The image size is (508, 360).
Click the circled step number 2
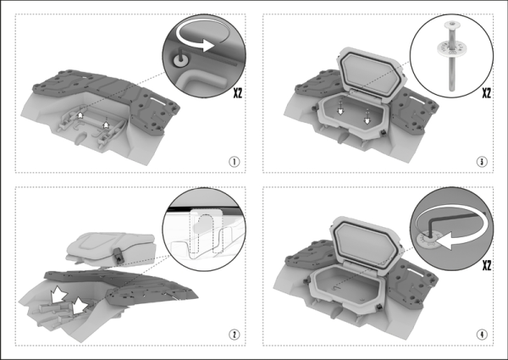click(231, 333)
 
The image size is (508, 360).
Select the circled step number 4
click(481, 333)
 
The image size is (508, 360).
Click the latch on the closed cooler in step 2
click(120, 252)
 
